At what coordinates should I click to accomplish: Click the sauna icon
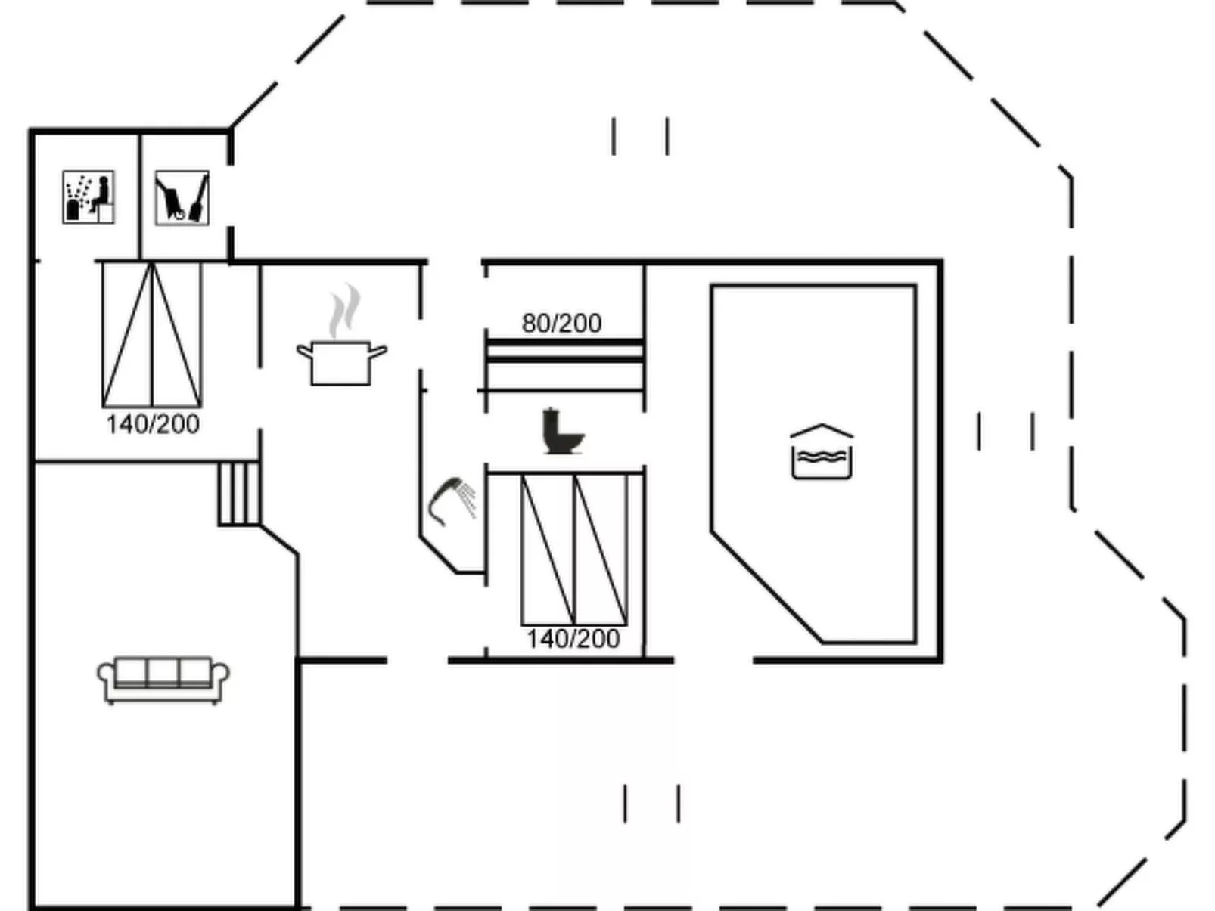(x=88, y=197)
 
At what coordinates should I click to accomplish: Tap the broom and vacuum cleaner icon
(x=182, y=198)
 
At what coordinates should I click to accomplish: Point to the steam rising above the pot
(x=344, y=311)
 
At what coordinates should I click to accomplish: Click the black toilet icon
(x=562, y=432)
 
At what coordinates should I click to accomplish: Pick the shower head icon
(x=452, y=499)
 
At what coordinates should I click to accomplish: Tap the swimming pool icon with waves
(x=822, y=451)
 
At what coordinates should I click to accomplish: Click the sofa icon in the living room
(x=163, y=679)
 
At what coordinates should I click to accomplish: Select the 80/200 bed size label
(x=561, y=324)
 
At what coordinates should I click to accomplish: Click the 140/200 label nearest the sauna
(x=153, y=424)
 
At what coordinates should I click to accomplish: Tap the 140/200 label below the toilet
(x=573, y=639)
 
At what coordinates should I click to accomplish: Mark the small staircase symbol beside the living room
(x=239, y=494)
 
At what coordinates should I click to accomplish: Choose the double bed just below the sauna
(x=152, y=334)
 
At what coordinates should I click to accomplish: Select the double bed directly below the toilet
(x=574, y=549)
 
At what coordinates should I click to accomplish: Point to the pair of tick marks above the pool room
(x=640, y=137)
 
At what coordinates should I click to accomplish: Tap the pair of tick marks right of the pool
(x=1005, y=432)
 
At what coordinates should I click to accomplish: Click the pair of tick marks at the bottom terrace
(x=651, y=803)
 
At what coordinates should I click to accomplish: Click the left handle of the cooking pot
(x=305, y=352)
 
